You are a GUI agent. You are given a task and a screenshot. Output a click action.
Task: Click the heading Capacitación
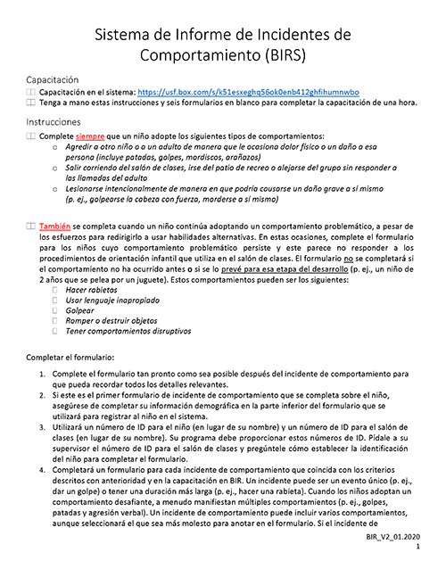(x=57, y=79)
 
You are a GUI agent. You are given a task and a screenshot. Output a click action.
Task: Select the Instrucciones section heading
(x=56, y=121)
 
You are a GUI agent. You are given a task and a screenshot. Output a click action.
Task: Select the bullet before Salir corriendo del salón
(x=57, y=167)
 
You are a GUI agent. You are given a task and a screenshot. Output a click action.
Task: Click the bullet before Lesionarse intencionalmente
(x=57, y=189)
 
